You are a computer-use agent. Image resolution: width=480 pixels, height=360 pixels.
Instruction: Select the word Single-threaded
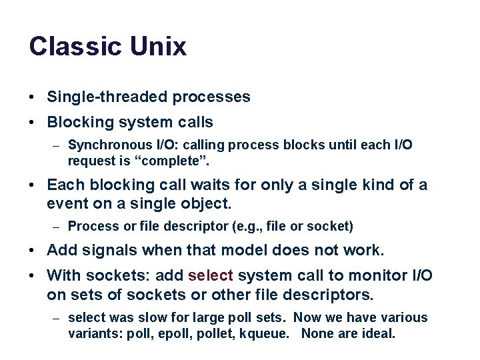pos(107,97)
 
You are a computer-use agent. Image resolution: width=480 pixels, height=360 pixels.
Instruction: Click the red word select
pos(211,275)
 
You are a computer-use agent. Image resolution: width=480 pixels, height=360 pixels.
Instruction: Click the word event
pos(66,203)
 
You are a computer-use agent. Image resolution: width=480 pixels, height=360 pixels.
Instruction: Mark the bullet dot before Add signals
pos(33,251)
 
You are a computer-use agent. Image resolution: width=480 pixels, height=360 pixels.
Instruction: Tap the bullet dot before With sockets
pos(33,276)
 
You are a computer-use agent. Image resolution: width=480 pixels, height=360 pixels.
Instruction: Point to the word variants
pos(91,333)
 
